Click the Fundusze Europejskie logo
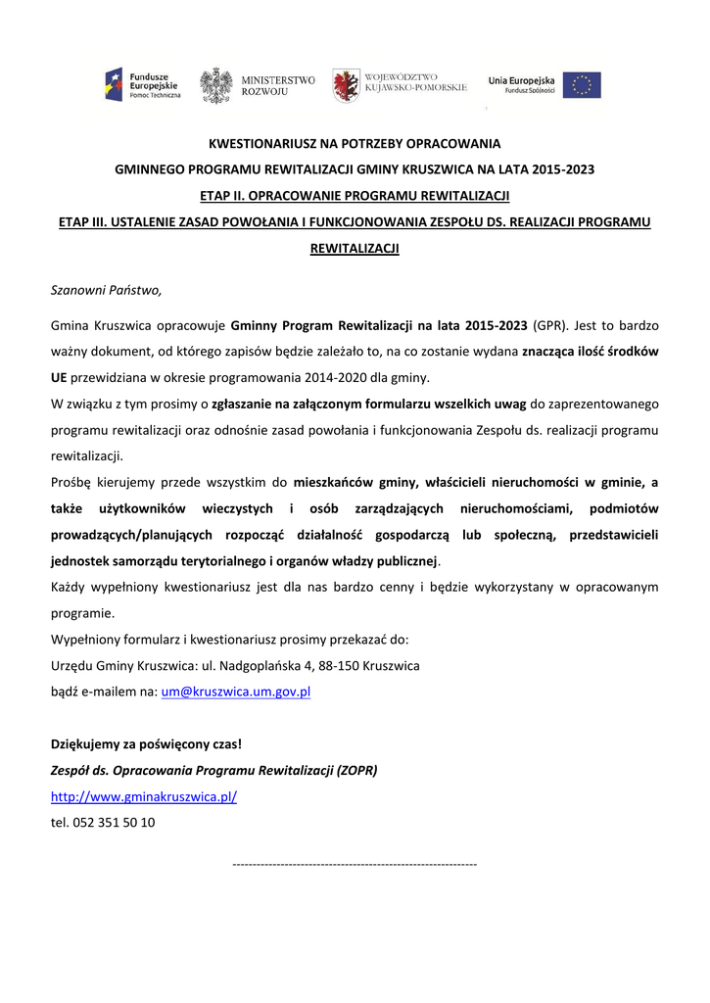pyautogui.click(x=142, y=85)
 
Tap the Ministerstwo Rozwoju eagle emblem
pyautogui.click(x=215, y=85)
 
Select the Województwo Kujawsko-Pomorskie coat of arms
pyautogui.click(x=345, y=85)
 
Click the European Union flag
pyautogui.click(x=582, y=85)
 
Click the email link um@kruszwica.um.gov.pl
pyautogui.click(x=235, y=692)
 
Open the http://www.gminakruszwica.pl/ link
pyautogui.click(x=144, y=796)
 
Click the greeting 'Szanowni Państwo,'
pyautogui.click(x=106, y=290)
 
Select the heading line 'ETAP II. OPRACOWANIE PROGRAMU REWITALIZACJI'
pyautogui.click(x=355, y=195)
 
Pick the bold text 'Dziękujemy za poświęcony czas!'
pyautogui.click(x=146, y=743)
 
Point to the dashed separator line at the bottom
pyautogui.click(x=355, y=864)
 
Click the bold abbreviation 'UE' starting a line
pyautogui.click(x=60, y=377)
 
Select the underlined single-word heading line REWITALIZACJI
pyautogui.click(x=355, y=249)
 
